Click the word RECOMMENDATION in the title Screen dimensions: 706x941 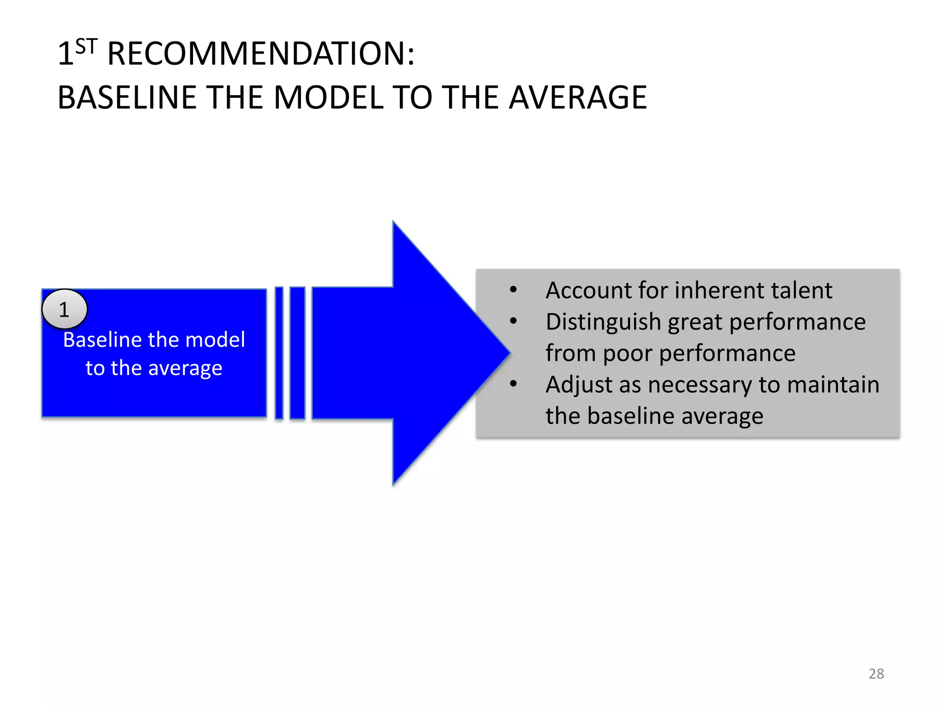pyautogui.click(x=261, y=54)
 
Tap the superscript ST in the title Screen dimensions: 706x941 pyautogui.click(x=86, y=46)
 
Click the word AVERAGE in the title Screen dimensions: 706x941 pyautogui.click(x=578, y=98)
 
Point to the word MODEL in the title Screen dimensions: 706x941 pyautogui.click(x=329, y=98)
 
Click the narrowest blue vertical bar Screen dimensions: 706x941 pyautogui.click(x=279, y=353)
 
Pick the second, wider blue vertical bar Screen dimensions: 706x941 pyautogui.click(x=297, y=353)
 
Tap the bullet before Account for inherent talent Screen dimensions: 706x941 pyautogui.click(x=513, y=290)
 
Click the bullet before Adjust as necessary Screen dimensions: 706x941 pyautogui.click(x=513, y=384)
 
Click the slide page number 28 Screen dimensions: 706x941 pyautogui.click(x=876, y=674)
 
